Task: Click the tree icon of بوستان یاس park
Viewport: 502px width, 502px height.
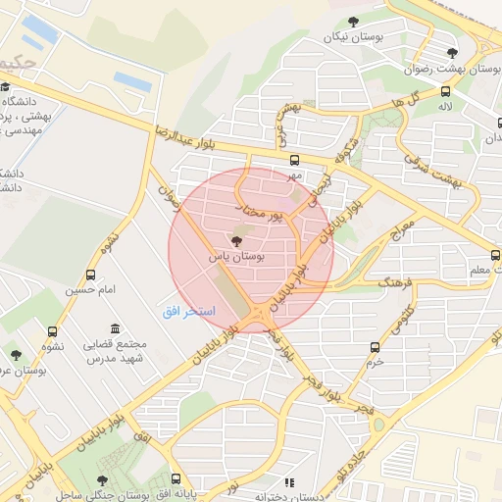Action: (x=235, y=241)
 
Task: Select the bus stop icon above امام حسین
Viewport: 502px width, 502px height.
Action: (x=91, y=276)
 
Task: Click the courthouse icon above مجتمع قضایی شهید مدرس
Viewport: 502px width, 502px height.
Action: (x=116, y=327)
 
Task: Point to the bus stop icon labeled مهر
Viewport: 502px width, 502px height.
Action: (x=295, y=160)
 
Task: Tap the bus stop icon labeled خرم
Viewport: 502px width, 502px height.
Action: (x=375, y=347)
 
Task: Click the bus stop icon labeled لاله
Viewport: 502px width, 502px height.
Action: (x=446, y=90)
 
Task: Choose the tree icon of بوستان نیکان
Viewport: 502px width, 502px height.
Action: (x=353, y=22)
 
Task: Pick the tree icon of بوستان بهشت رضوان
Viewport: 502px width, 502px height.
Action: (x=451, y=53)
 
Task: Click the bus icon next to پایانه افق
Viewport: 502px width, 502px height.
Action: (x=176, y=480)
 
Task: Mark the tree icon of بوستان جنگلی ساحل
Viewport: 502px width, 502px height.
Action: (x=103, y=480)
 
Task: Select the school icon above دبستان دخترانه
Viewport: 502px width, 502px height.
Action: (x=288, y=482)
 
